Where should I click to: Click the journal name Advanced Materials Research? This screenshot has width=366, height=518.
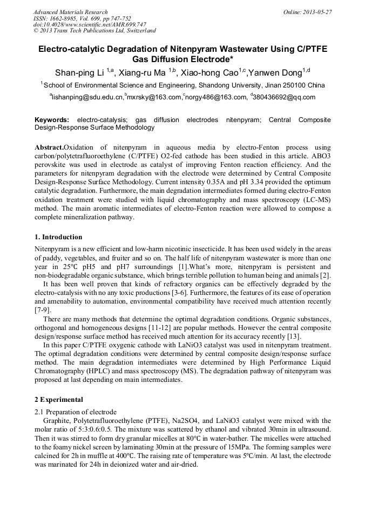70,12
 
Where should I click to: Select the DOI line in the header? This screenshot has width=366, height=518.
90,24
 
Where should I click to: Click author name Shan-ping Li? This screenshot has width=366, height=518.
79,73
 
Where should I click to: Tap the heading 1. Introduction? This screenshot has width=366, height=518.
58,237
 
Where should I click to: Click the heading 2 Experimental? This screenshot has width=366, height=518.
59,400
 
